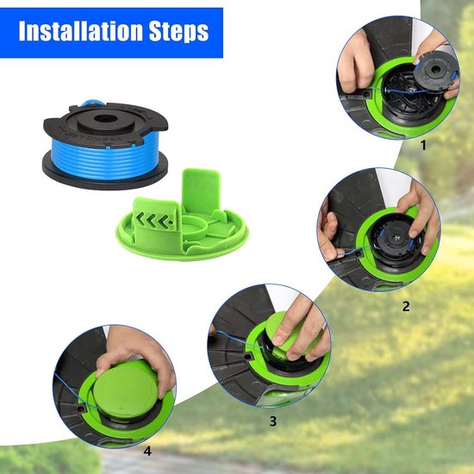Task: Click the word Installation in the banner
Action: pyautogui.click(x=80, y=30)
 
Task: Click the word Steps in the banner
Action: pyautogui.click(x=179, y=31)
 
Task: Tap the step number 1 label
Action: pyautogui.click(x=423, y=146)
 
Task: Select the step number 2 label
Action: pyautogui.click(x=406, y=306)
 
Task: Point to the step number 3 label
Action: pyautogui.click(x=273, y=421)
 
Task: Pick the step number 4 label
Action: pyautogui.click(x=147, y=452)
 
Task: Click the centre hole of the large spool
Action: pyautogui.click(x=105, y=118)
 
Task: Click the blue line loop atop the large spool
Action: pyautogui.click(x=92, y=103)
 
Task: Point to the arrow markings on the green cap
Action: pyautogui.click(x=156, y=220)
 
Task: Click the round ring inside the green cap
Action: pyautogui.click(x=193, y=227)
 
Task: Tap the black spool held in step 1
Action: pyautogui.click(x=435, y=72)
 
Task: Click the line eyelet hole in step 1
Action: pyautogui.click(x=367, y=94)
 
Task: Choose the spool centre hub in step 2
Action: pyautogui.click(x=396, y=238)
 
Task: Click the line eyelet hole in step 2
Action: pyautogui.click(x=358, y=254)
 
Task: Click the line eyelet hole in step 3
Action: pyautogui.click(x=248, y=357)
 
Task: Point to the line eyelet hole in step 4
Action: pyautogui.click(x=81, y=409)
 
